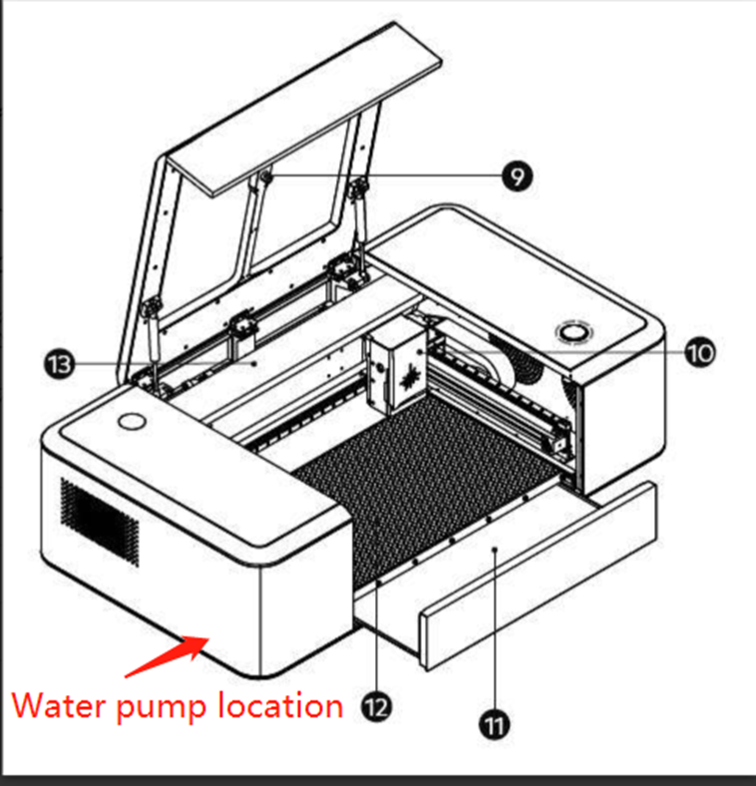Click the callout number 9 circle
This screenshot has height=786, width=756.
tap(516, 177)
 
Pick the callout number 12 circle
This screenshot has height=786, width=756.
tap(376, 707)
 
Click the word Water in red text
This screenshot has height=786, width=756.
tap(61, 706)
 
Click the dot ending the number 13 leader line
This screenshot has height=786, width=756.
tap(255, 365)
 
